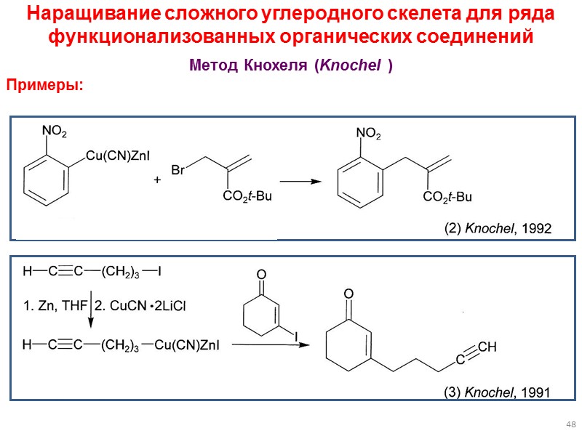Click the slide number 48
point(570,424)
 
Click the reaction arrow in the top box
point(300,182)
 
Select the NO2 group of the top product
point(368,134)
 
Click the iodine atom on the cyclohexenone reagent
point(297,335)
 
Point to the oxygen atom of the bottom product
point(348,293)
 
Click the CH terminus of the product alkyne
point(487,348)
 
